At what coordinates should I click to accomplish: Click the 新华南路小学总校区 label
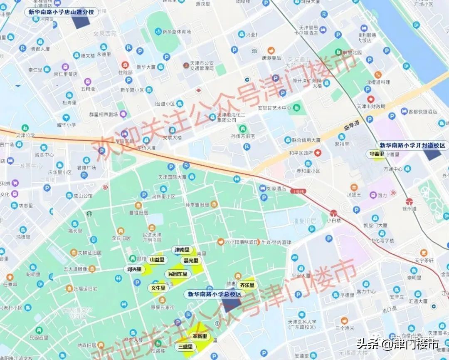pyautogui.click(x=215, y=294)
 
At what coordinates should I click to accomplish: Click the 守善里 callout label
pyautogui.click(x=377, y=154)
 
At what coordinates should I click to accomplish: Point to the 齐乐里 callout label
pyautogui.click(x=247, y=285)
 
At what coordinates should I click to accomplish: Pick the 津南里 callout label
pyautogui.click(x=182, y=250)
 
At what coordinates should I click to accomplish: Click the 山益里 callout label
pyautogui.click(x=157, y=260)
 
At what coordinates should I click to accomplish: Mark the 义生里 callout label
pyautogui.click(x=158, y=288)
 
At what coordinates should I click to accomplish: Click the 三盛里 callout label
pyautogui.click(x=185, y=346)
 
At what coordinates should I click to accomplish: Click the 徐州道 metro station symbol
pyautogui.click(x=410, y=201)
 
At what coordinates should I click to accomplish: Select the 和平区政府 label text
pyautogui.click(x=301, y=153)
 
